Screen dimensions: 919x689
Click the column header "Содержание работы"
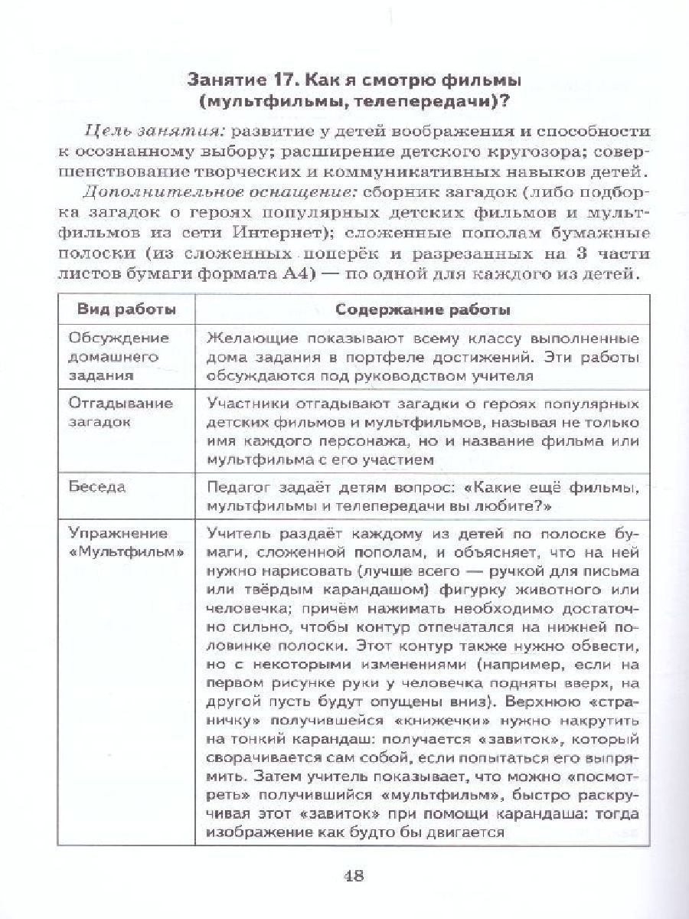click(x=419, y=310)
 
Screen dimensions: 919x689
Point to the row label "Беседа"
click(x=97, y=487)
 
